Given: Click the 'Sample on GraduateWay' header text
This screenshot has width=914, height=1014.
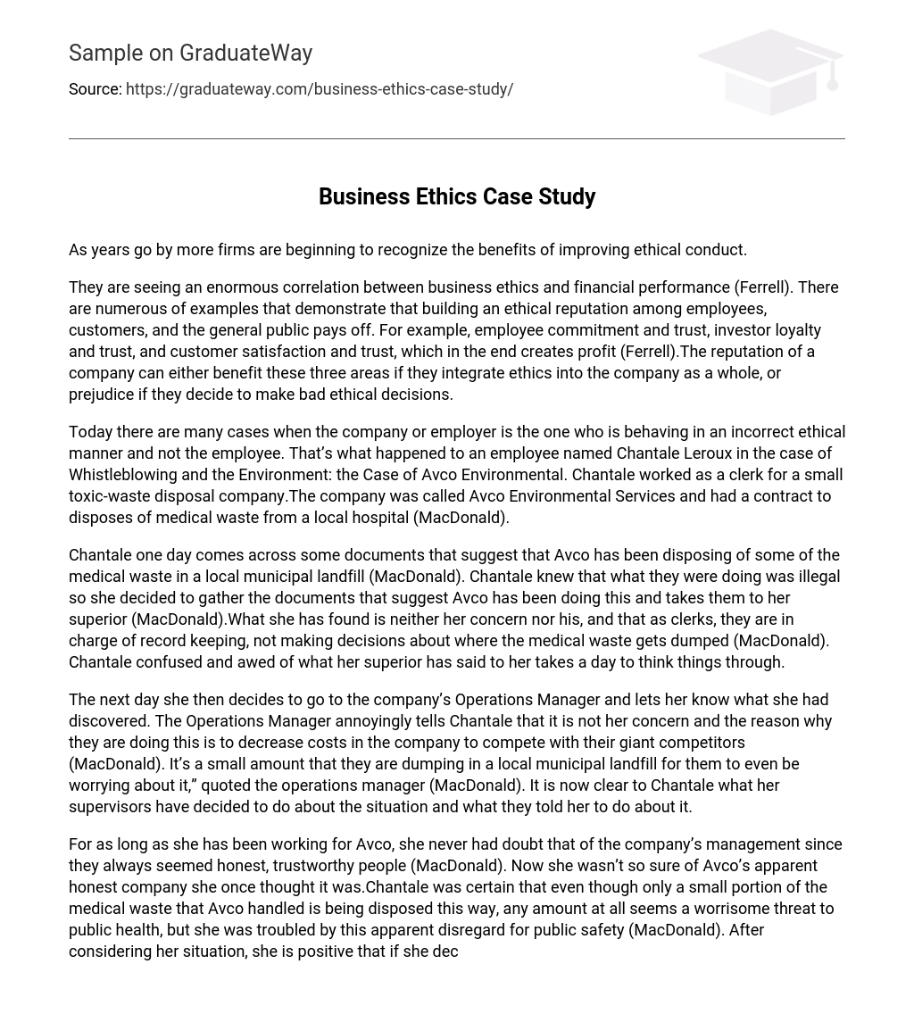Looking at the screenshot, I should click(x=190, y=54).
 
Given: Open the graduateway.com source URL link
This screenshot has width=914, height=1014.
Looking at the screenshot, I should click(x=319, y=89).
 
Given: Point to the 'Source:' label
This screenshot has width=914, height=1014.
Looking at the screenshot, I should click(x=95, y=89).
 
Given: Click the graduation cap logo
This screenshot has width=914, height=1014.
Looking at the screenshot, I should click(x=769, y=71).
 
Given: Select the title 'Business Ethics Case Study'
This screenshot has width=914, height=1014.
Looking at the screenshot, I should click(x=456, y=196).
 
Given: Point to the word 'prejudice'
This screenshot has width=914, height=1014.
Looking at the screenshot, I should click(x=104, y=395).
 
